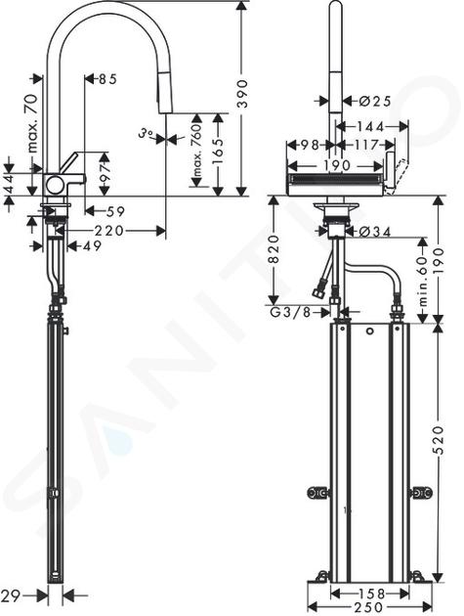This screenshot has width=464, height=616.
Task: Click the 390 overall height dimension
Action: click(244, 94)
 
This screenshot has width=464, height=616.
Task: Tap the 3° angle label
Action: click(146, 134)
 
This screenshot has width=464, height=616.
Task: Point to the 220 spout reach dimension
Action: click(108, 231)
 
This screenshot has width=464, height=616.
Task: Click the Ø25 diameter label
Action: click(375, 102)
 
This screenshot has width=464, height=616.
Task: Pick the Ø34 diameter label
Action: click(374, 232)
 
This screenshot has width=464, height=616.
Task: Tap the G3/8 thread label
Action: click(291, 312)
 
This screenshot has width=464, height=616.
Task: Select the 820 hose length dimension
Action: click(274, 249)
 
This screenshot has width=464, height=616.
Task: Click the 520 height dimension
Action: click(440, 440)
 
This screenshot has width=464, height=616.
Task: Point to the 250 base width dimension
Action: click(369, 607)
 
